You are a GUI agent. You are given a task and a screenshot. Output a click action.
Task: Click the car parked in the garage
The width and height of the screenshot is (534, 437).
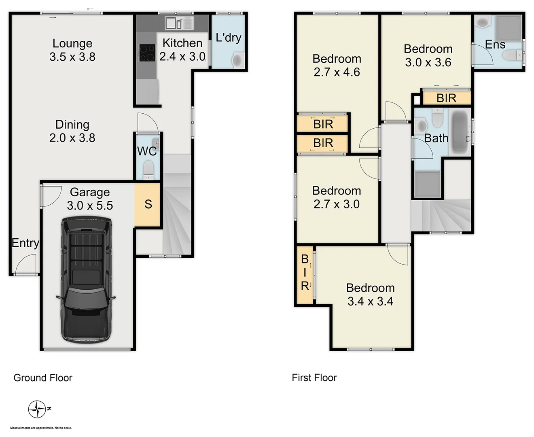(x=86, y=279)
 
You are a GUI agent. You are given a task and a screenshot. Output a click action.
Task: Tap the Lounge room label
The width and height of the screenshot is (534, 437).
(x=72, y=43)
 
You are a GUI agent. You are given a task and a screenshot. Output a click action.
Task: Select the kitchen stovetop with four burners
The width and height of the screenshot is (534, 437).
(x=147, y=53)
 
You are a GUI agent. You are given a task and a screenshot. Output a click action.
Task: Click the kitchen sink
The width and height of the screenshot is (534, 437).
(x=179, y=23)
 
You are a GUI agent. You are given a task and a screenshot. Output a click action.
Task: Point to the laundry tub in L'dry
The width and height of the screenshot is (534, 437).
(x=237, y=60)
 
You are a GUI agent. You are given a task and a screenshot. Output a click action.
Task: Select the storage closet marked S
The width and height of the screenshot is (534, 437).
(x=148, y=204)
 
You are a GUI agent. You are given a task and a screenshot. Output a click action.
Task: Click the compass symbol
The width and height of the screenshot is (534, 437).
(x=37, y=409)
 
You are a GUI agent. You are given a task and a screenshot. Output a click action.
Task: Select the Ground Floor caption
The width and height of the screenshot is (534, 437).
(x=43, y=378)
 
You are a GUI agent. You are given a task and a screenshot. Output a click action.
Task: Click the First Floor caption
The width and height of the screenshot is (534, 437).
(x=314, y=378)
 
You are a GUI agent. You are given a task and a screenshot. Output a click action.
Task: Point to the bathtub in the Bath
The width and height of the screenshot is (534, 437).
(x=460, y=132)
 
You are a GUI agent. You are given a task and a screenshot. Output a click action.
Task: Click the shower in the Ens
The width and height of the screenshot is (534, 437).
(x=509, y=28)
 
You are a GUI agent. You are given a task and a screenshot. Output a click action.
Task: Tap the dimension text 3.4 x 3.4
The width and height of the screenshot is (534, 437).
(x=370, y=301)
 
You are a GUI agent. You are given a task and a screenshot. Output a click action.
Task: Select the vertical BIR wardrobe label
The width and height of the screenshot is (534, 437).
(x=305, y=272)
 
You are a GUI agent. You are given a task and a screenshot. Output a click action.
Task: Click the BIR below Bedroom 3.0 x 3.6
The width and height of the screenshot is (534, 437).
(x=446, y=98)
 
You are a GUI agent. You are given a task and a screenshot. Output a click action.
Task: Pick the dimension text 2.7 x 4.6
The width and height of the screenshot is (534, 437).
(x=337, y=72)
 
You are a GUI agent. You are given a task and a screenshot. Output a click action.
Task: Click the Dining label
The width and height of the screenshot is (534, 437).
(x=72, y=125)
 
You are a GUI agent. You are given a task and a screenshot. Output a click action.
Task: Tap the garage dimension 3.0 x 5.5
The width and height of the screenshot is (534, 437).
(x=90, y=206)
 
